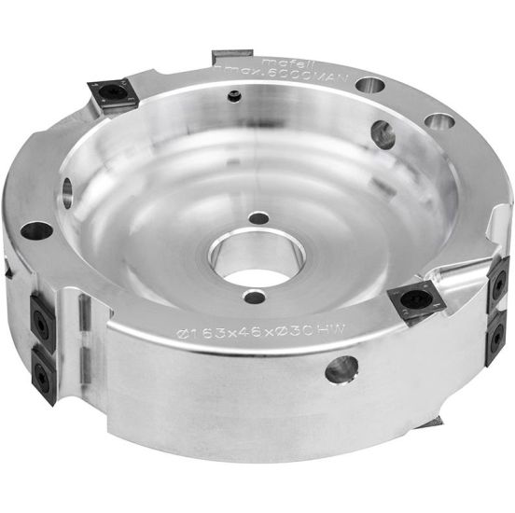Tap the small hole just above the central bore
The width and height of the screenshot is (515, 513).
261,218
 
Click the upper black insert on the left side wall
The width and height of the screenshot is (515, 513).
41,314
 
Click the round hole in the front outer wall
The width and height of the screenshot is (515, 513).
341,369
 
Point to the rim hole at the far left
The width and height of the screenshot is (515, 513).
35,230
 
